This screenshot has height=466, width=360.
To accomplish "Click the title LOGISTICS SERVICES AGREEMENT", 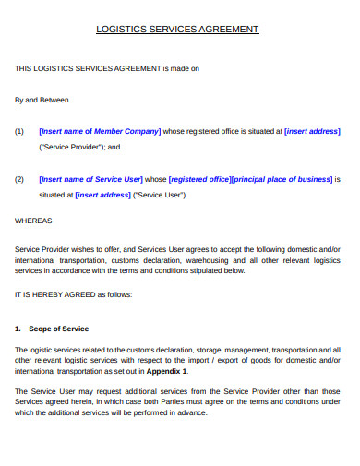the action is [178, 30].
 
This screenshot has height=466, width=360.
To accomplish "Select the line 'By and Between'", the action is [42, 100].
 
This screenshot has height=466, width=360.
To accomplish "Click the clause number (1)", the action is [20, 131].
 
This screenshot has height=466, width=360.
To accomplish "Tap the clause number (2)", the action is [20, 179].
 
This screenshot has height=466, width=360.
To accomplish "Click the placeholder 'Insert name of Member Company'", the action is [101, 131].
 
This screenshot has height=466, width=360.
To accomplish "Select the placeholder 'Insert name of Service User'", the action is [91, 179].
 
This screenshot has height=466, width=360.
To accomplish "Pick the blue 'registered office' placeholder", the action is [200, 179].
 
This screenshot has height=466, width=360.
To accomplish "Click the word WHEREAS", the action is [34, 221].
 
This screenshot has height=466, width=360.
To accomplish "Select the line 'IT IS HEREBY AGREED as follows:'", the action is [74, 294].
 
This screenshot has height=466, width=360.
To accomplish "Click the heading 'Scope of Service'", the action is [59, 329].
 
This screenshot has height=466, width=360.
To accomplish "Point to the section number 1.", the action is [18, 329].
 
